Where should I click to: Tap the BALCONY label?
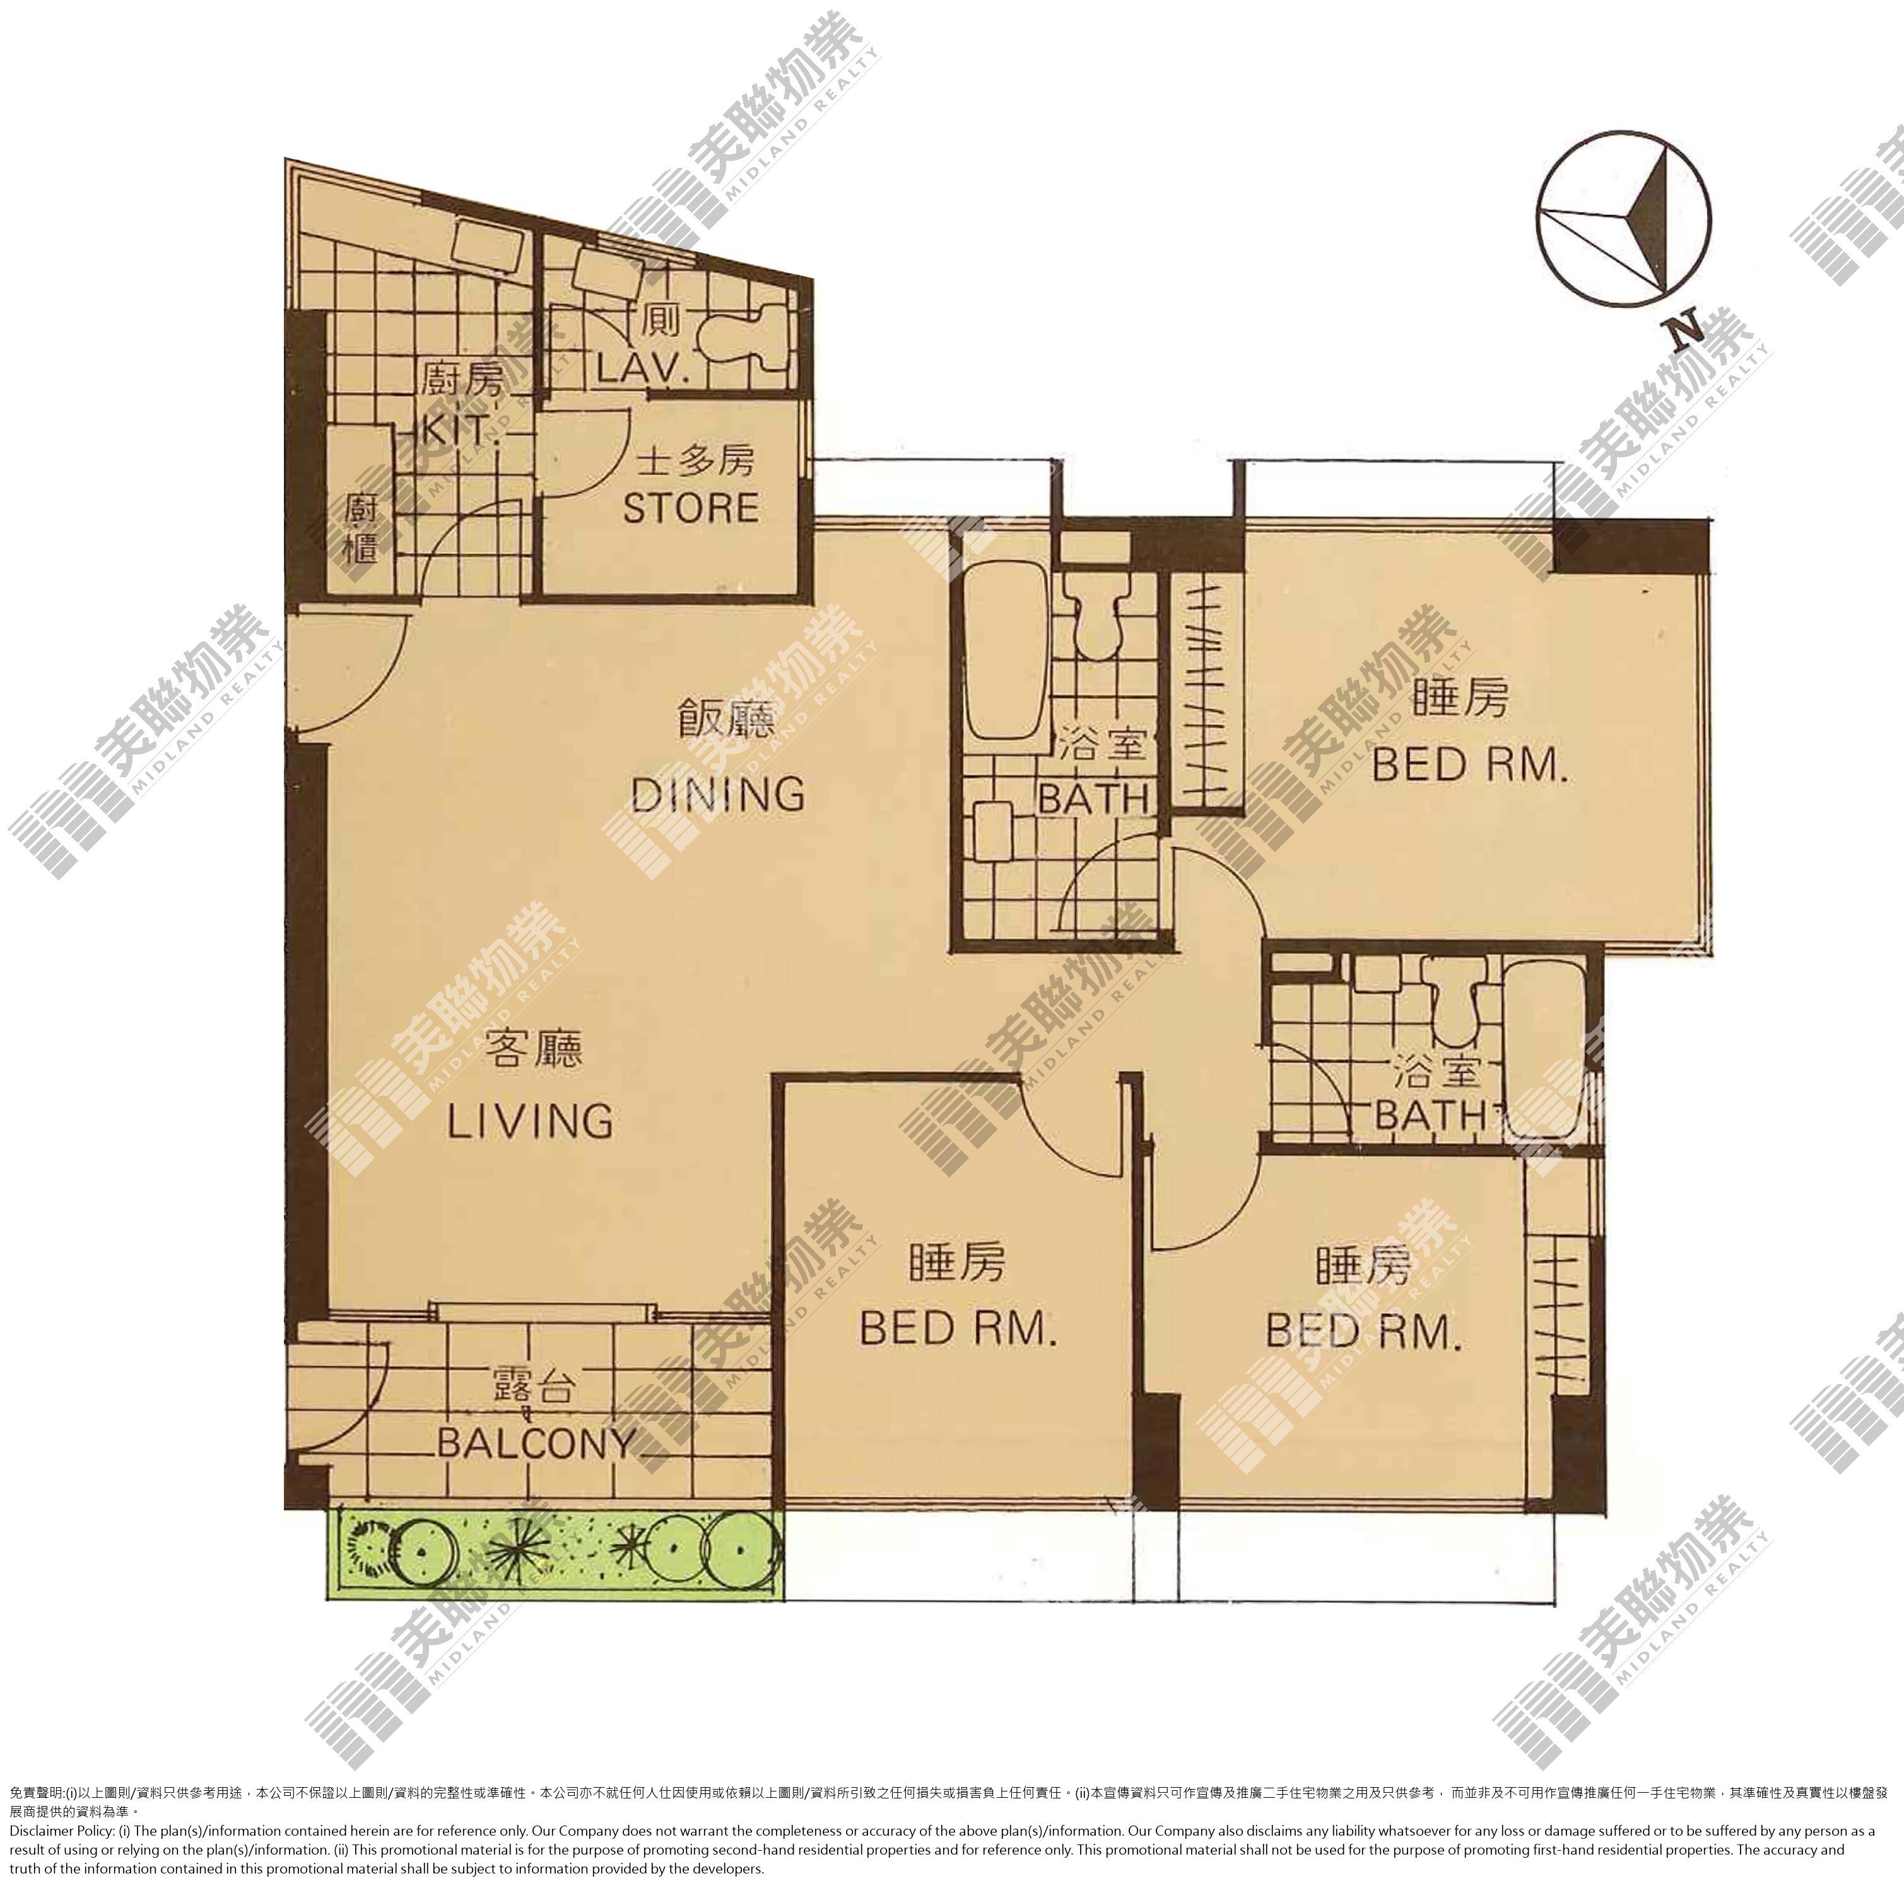point(536,1443)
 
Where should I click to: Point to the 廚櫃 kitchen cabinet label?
point(361,527)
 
